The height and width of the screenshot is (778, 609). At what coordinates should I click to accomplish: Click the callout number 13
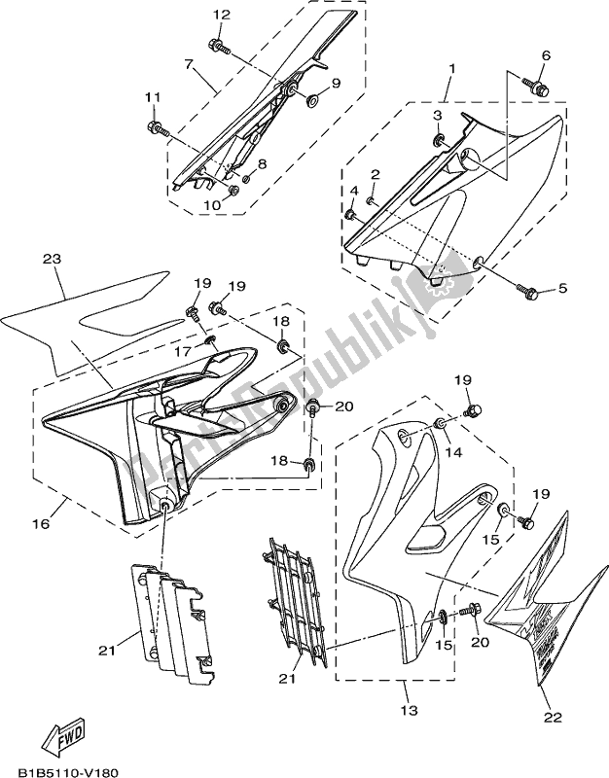coord(409,711)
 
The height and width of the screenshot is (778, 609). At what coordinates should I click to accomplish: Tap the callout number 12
coord(222,15)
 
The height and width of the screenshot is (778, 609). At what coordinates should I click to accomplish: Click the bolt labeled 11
coord(156,126)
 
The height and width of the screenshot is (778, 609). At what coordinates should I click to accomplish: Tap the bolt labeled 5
coord(530,291)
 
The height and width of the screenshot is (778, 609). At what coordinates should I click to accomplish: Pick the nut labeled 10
coord(234,191)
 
